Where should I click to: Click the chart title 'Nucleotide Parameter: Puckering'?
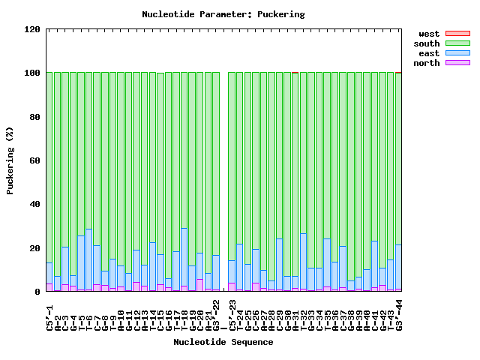[x=223, y=14]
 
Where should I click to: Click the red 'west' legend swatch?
[x=457, y=34]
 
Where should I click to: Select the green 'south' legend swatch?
[x=457, y=43]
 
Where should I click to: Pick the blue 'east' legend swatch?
[x=457, y=53]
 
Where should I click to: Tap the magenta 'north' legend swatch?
[x=457, y=63]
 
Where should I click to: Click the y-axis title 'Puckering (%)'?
[x=10, y=160]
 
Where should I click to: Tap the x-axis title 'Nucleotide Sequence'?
[x=223, y=342]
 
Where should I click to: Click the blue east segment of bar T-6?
[x=89, y=259]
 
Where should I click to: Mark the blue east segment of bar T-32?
[x=303, y=262]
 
